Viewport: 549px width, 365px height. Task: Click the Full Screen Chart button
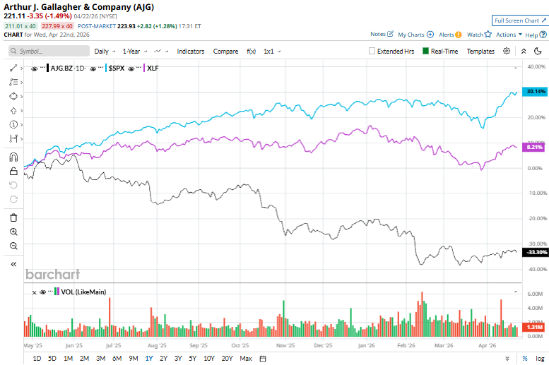(519, 20)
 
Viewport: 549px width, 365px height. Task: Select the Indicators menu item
(190, 51)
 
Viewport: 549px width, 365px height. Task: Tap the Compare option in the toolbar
(225, 51)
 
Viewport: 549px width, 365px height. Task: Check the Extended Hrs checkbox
(372, 51)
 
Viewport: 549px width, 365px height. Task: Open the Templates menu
(480, 51)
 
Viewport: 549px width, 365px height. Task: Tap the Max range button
(246, 359)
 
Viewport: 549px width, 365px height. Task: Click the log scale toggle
(540, 359)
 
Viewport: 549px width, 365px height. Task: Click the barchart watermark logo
(53, 274)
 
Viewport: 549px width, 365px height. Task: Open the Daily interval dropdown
(105, 51)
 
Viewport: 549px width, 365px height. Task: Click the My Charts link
(415, 34)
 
